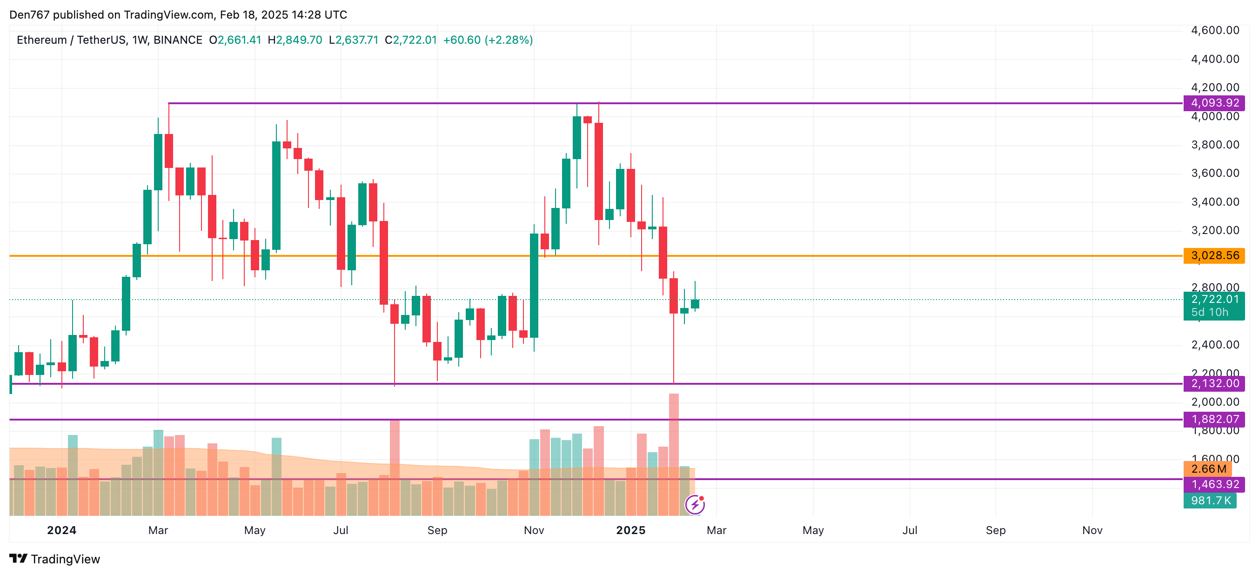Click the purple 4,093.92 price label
[1214, 103]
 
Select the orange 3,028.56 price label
[1214, 255]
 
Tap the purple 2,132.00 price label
[1214, 383]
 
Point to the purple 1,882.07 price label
[1214, 419]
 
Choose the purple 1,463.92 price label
[1214, 484]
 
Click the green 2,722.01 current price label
[1214, 300]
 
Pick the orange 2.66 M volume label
[1208, 469]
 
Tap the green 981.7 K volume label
[1210, 500]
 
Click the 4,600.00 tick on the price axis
[1215, 30]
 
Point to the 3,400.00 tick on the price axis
[1215, 202]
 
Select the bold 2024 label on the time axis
[61, 530]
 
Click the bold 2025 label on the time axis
[630, 530]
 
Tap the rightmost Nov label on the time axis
[1092, 530]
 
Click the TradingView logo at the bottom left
[55, 559]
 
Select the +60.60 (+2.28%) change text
[487, 40]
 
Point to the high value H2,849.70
[295, 40]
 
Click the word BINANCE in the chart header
[178, 40]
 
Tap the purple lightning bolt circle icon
[695, 505]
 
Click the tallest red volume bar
[674, 455]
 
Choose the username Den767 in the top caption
[29, 15]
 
